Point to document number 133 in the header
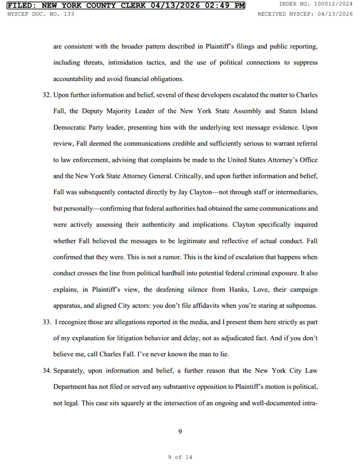point(69,14)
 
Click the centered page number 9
point(180,431)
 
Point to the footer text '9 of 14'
point(180,457)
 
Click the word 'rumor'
point(159,257)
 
